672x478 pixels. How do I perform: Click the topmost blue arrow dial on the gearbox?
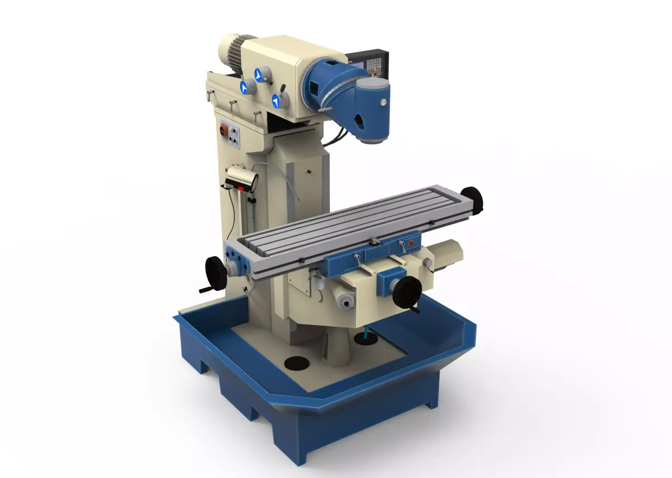click(260, 74)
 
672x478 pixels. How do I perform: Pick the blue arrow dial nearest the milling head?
click(277, 101)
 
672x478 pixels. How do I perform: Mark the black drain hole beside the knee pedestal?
click(297, 363)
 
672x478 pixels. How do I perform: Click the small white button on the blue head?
click(384, 102)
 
